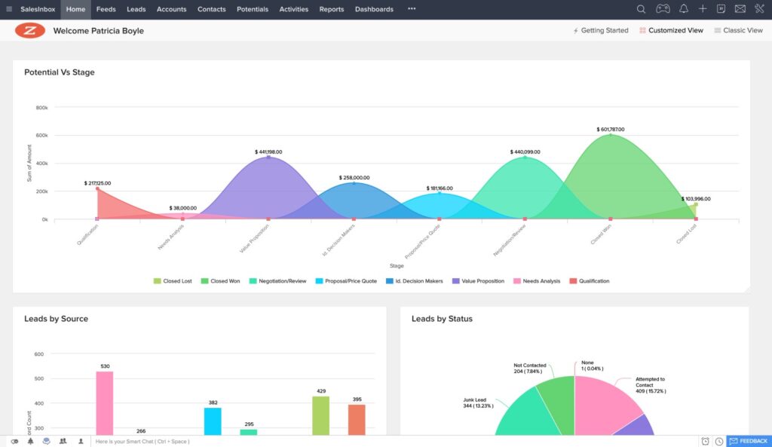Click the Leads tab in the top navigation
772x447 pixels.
tap(136, 9)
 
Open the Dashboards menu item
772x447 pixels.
tap(374, 9)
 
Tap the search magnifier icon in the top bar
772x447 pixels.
tap(641, 9)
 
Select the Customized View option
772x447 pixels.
tap(671, 31)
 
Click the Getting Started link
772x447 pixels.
tap(601, 31)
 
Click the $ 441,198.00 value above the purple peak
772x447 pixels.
tap(268, 152)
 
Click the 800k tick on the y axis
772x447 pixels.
tap(41, 108)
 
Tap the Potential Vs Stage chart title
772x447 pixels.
tap(60, 72)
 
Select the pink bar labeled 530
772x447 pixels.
tap(104, 403)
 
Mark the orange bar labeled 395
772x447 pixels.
tap(357, 419)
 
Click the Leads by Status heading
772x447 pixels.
tap(442, 319)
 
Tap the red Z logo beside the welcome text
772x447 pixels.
tap(30, 31)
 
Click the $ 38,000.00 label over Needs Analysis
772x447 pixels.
tap(182, 208)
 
